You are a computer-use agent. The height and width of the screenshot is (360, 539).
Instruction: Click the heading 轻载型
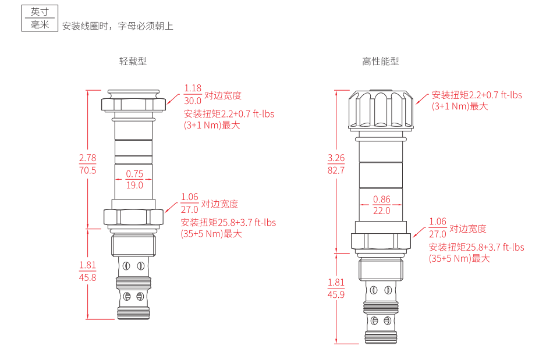[133, 62]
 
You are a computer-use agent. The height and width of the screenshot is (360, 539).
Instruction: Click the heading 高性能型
[381, 62]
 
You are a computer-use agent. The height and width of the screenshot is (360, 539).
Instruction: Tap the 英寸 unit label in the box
[40, 12]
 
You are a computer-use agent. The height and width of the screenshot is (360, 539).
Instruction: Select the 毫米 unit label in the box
[40, 24]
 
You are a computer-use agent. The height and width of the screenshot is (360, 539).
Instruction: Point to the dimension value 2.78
[87, 158]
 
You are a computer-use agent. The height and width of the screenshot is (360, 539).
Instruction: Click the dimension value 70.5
[87, 170]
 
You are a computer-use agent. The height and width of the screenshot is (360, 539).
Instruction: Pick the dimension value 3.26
[336, 158]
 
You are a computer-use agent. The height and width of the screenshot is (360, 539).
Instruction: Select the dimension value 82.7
[336, 170]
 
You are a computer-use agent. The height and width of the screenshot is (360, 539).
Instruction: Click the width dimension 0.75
[134, 173]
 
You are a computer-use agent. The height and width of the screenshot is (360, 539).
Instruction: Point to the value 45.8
[87, 277]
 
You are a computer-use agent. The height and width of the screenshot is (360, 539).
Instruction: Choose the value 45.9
[336, 295]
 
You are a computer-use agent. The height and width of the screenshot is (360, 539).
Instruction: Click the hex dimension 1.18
[193, 88]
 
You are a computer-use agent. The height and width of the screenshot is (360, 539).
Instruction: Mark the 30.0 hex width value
[193, 101]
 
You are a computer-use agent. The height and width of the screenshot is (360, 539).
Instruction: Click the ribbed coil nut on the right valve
[381, 109]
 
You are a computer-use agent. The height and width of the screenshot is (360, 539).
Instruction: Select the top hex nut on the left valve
[133, 105]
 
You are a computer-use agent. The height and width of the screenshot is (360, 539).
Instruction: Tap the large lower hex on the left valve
[133, 217]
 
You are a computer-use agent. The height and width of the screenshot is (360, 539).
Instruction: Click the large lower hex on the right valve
[381, 240]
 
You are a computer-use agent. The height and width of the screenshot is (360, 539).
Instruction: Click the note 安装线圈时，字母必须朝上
[118, 26]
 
